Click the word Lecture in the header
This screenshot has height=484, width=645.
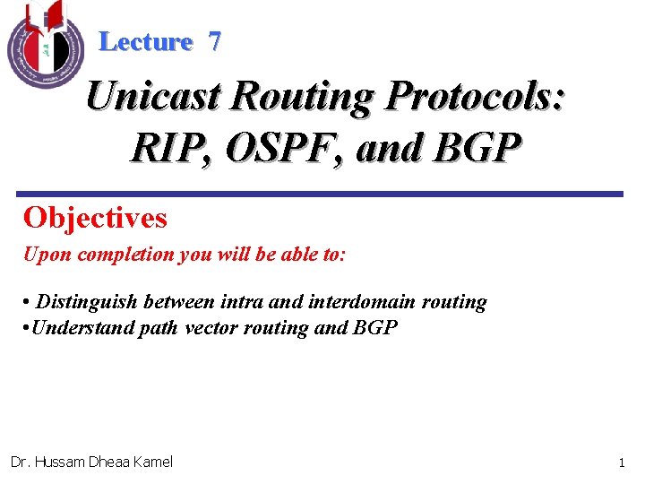click(146, 41)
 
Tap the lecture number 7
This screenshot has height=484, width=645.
click(214, 41)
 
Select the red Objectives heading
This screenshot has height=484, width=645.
click(95, 218)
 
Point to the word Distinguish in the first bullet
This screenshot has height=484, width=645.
click(84, 302)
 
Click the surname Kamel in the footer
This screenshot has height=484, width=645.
click(151, 462)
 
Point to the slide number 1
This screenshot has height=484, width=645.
click(621, 462)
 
